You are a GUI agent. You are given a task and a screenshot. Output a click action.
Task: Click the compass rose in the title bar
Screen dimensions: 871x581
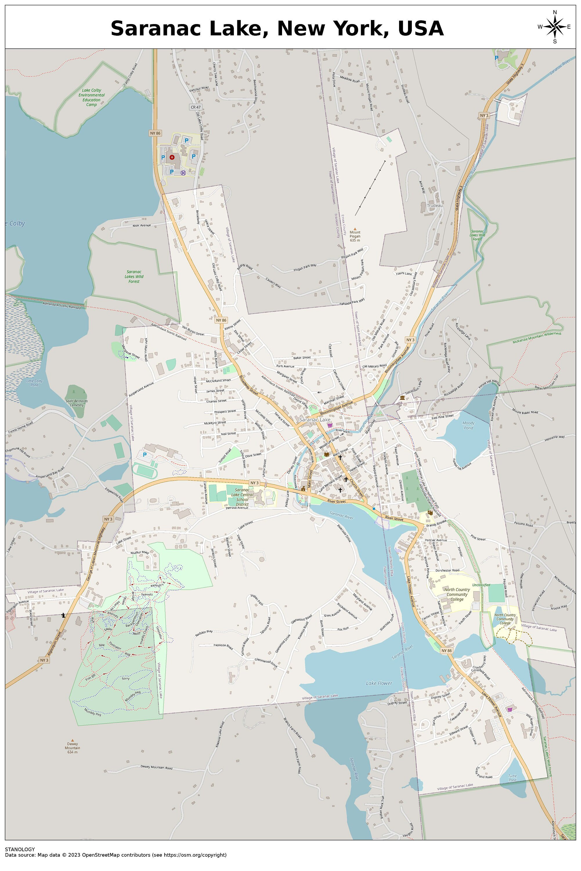point(554,27)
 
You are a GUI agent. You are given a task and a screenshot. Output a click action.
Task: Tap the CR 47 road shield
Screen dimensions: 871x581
point(195,107)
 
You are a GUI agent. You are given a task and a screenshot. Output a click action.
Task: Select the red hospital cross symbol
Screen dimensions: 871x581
point(172,157)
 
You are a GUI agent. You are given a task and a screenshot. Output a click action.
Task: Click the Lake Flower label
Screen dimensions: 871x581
point(379,683)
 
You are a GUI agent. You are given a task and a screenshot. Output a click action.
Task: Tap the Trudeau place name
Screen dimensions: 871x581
point(435,205)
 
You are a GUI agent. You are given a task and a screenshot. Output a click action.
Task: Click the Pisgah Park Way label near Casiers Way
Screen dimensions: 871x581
point(305,267)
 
